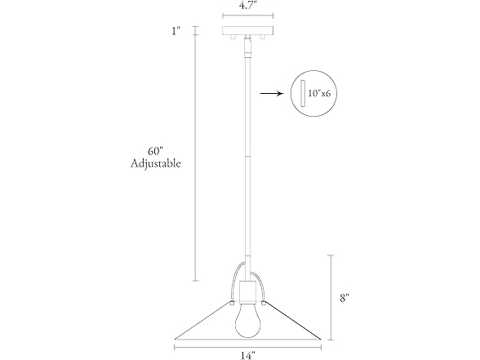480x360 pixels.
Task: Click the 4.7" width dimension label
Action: click(x=247, y=7)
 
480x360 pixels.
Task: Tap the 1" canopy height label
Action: click(x=176, y=31)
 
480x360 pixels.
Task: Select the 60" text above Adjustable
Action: click(x=155, y=151)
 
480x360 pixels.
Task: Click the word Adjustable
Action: click(x=155, y=163)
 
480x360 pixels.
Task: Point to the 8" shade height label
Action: click(x=344, y=297)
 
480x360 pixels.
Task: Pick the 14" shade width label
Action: click(x=247, y=356)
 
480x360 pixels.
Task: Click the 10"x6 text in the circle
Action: click(x=319, y=93)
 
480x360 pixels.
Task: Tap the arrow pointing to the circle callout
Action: click(x=272, y=93)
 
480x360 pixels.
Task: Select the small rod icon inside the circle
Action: click(x=303, y=93)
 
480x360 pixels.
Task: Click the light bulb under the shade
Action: click(x=247, y=321)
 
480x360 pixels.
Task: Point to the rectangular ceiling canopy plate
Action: click(x=247, y=31)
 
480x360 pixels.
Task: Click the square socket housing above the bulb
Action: click(x=247, y=291)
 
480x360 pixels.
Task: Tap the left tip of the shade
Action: click(x=175, y=340)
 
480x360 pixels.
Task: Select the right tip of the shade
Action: click(x=321, y=340)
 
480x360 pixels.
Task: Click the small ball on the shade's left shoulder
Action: click(x=232, y=303)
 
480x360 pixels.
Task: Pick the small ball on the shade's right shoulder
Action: click(x=263, y=303)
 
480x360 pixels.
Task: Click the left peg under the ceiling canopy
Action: click(x=233, y=37)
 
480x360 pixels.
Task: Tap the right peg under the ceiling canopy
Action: click(x=262, y=37)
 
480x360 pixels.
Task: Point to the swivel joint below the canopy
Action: click(x=248, y=47)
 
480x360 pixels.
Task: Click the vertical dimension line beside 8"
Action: click(x=331, y=297)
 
